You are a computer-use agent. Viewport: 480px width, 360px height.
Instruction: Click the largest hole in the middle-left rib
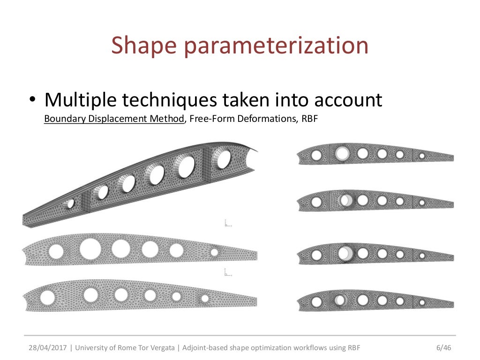90,248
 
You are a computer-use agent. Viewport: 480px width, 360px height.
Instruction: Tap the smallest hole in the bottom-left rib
205,298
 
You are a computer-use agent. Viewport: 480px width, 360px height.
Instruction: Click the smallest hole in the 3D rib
70,203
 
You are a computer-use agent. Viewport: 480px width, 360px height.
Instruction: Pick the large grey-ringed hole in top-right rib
342,153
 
